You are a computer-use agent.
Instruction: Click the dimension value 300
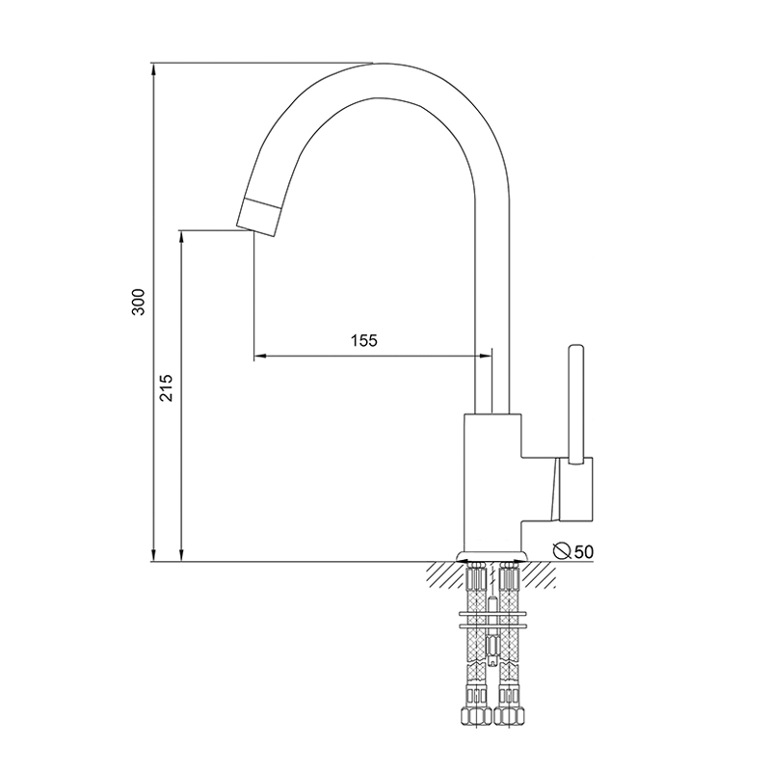click(139, 302)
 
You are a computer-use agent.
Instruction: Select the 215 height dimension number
click(167, 388)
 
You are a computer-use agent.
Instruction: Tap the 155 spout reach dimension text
click(364, 340)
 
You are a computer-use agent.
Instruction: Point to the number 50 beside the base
click(583, 552)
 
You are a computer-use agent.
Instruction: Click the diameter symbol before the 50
click(562, 551)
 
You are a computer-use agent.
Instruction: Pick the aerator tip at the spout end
click(259, 217)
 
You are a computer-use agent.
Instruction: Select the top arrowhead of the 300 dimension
click(154, 69)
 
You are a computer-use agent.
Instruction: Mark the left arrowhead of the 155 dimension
click(259, 355)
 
